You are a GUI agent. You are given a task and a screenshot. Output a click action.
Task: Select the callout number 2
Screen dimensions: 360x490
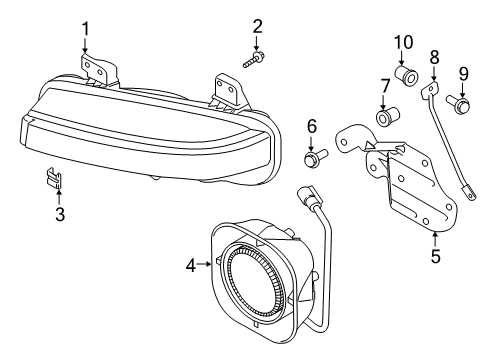coord(257,26)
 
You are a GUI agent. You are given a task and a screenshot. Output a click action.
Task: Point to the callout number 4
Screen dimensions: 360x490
coord(190,265)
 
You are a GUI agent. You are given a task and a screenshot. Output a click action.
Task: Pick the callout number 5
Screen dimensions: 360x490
coord(435,255)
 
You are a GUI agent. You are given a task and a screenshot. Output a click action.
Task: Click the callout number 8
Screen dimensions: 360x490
coord(434,57)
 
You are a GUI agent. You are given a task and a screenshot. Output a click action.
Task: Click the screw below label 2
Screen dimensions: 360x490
coord(251,60)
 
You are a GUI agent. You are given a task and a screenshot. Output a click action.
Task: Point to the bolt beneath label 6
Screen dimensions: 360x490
coord(311,157)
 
